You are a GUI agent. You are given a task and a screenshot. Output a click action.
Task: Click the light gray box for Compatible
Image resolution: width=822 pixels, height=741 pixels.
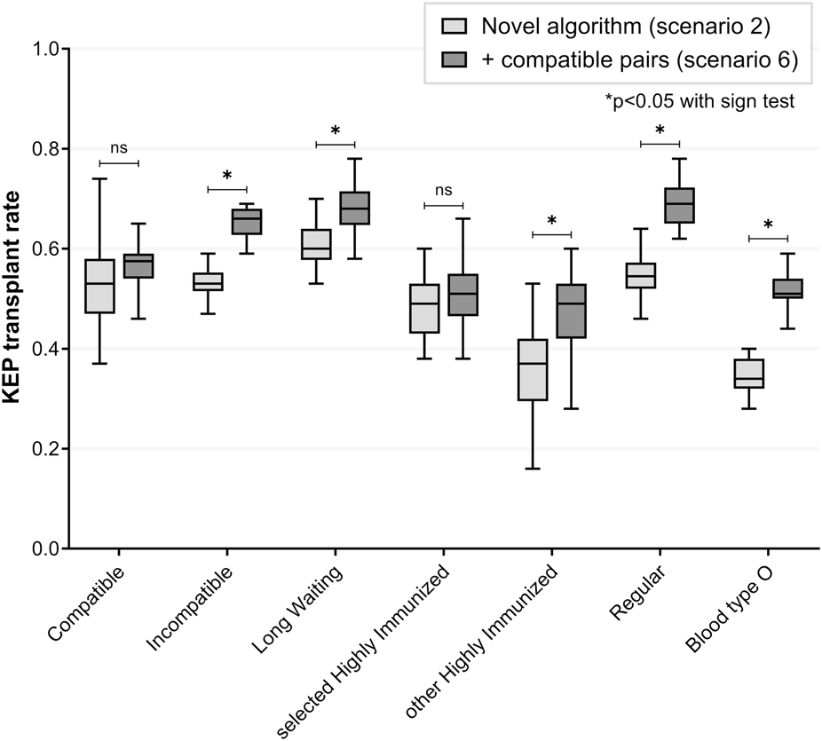[100, 286]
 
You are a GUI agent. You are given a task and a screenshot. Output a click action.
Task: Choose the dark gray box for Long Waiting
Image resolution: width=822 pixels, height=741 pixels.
[355, 208]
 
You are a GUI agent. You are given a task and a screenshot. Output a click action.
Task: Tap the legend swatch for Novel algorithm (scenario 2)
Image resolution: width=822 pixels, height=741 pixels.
[454, 26]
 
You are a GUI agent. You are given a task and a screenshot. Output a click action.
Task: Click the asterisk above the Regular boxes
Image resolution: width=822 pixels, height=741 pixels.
[660, 130]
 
